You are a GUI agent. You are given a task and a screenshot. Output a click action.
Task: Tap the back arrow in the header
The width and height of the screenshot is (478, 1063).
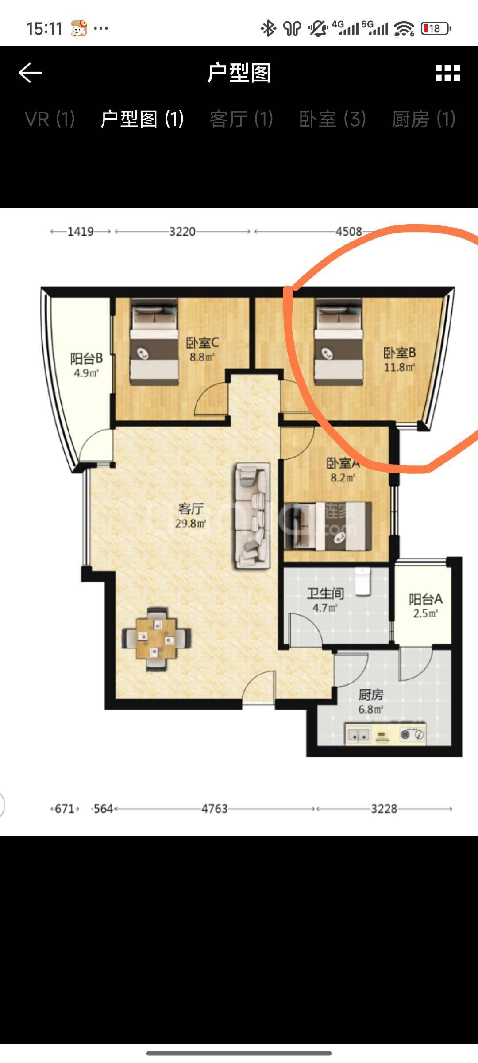pyautogui.click(x=30, y=73)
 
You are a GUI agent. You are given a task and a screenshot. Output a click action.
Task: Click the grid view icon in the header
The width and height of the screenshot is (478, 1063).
pyautogui.click(x=447, y=73)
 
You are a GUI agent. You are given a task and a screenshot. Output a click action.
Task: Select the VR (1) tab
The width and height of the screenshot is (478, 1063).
pyautogui.click(x=50, y=119)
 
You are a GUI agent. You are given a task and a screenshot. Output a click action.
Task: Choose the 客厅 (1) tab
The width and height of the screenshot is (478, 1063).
pyautogui.click(x=241, y=119)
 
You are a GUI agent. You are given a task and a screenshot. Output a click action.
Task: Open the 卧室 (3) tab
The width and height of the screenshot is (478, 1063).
pyautogui.click(x=332, y=119)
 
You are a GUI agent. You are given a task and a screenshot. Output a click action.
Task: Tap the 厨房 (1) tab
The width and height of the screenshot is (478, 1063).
pyautogui.click(x=424, y=119)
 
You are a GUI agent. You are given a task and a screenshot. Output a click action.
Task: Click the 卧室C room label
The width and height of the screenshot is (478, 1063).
pyautogui.click(x=202, y=342)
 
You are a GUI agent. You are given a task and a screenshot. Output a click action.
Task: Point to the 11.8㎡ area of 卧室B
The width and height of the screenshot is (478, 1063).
pyautogui.click(x=399, y=367)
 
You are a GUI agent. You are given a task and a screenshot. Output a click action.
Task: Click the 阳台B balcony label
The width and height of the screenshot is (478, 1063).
pyautogui.click(x=86, y=358)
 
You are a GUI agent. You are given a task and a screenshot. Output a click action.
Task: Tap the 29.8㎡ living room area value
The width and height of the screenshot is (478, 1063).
pyautogui.click(x=190, y=523)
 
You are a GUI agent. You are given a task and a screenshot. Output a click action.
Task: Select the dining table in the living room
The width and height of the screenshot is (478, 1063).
pyautogui.click(x=156, y=639)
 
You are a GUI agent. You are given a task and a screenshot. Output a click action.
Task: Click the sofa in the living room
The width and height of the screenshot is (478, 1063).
pyautogui.click(x=252, y=516)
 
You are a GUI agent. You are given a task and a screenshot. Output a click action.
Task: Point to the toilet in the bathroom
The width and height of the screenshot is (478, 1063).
pyautogui.click(x=363, y=581)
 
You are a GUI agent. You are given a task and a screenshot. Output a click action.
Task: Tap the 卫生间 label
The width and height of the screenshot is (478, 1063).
pyautogui.click(x=325, y=594)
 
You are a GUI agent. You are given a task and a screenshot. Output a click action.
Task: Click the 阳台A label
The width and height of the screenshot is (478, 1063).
pyautogui.click(x=425, y=599)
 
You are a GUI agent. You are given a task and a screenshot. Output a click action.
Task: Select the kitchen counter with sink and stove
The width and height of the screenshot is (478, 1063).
pyautogui.click(x=385, y=734)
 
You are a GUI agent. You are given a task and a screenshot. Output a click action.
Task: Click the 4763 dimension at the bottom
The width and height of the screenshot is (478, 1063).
pyautogui.click(x=214, y=809)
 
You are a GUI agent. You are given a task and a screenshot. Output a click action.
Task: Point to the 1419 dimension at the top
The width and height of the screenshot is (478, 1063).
pyautogui.click(x=80, y=231)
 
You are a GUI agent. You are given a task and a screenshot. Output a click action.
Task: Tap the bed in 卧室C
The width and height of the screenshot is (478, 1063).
pyautogui.click(x=154, y=341)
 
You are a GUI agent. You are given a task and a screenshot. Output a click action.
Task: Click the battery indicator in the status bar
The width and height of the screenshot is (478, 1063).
pyautogui.click(x=436, y=29)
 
